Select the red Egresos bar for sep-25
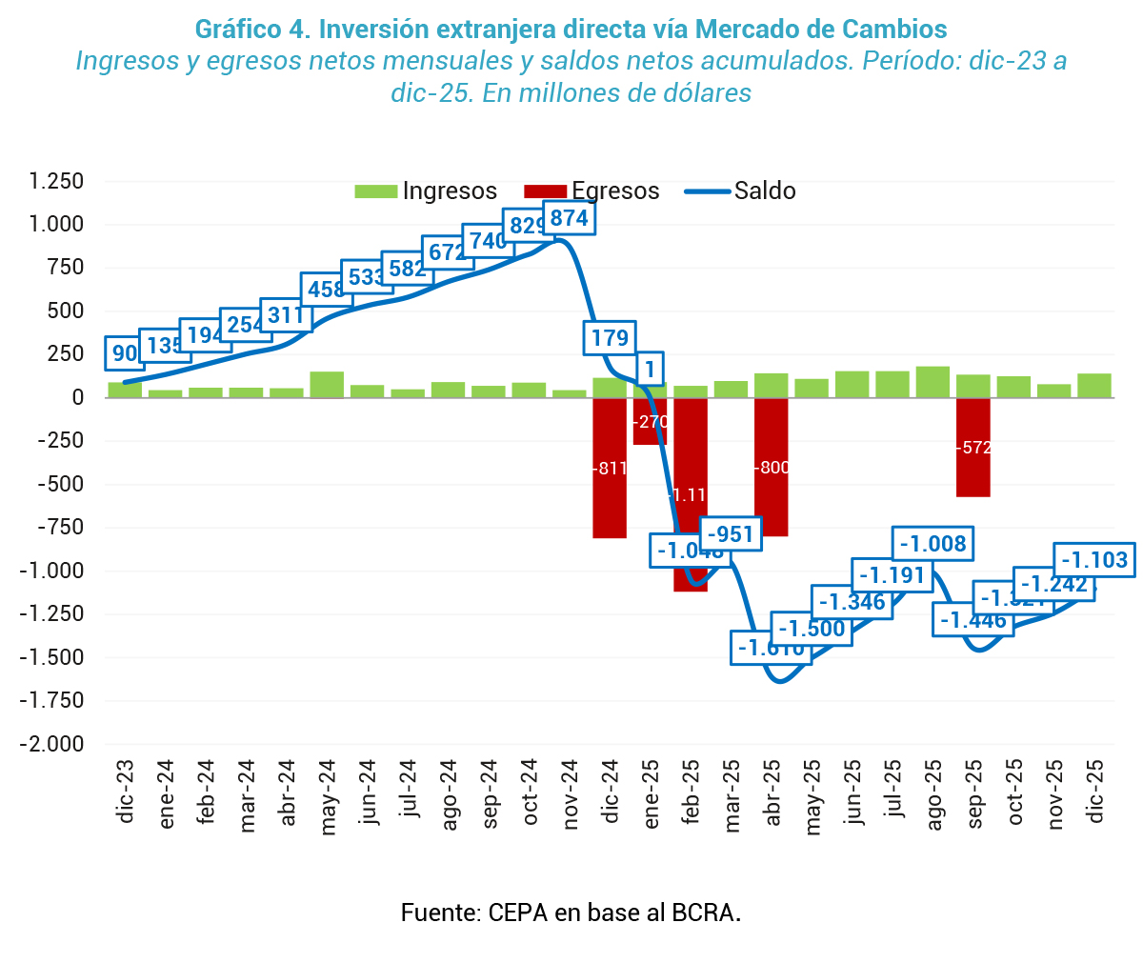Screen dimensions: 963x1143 (973, 476)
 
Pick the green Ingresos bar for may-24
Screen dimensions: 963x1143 (327, 385)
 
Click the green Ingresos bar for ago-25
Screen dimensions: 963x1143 (933, 382)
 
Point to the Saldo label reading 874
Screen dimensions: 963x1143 (570, 218)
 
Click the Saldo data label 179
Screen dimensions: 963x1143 (610, 338)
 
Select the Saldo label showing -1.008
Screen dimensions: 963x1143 (932, 544)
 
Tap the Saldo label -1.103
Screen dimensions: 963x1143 (1093, 560)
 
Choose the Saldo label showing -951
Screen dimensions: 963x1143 (731, 534)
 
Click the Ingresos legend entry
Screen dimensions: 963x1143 (426, 191)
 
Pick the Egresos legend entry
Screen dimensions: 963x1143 (592, 191)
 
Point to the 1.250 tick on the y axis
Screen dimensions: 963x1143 (56, 181)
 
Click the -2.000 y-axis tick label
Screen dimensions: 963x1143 (53, 744)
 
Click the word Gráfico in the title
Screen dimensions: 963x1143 (233, 29)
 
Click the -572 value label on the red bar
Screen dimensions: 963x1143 (973, 448)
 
